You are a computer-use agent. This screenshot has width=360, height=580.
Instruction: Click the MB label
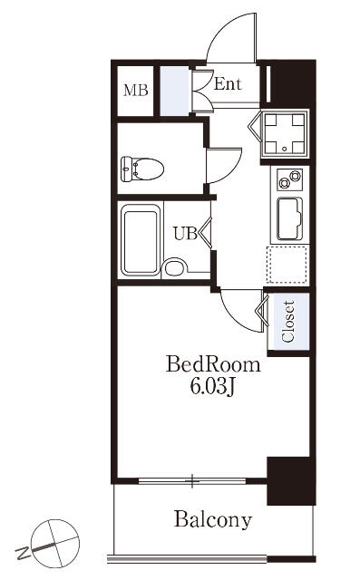coord(136,90)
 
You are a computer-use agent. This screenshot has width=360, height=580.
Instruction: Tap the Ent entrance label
coord(228,84)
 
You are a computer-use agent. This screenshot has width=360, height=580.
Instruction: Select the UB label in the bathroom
coord(185,233)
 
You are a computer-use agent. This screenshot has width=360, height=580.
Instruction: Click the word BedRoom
coord(213,364)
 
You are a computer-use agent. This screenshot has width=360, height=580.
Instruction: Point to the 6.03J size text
coord(213,387)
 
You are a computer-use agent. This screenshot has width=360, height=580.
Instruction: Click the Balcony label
coord(213,519)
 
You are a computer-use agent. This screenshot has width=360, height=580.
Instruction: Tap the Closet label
coord(288,321)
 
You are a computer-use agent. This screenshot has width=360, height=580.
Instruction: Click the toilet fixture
coord(142,169)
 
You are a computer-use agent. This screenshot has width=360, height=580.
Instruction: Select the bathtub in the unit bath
coord(141,240)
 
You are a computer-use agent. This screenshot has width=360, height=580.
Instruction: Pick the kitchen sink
coord(290,219)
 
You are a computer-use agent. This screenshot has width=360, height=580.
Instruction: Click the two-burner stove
coord(289,179)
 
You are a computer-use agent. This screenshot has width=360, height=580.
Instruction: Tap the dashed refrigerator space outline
coord(289,265)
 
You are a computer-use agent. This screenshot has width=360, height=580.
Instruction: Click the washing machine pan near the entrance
coord(285,134)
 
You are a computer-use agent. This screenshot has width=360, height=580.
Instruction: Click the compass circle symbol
coord(55,543)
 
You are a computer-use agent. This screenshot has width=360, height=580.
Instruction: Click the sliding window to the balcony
coord(192,481)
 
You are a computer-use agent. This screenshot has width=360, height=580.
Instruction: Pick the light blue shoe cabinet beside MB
coord(174,91)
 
